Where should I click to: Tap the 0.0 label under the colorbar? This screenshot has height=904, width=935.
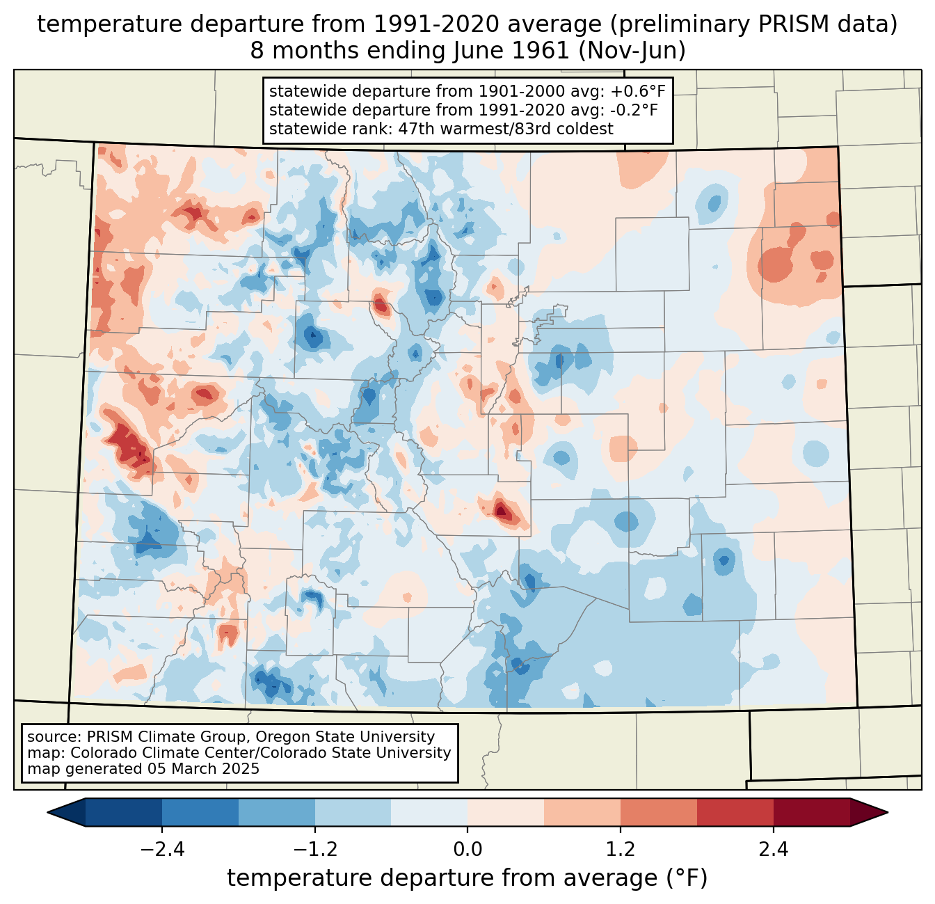pos(467,850)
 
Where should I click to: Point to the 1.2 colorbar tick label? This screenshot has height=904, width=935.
pos(621,850)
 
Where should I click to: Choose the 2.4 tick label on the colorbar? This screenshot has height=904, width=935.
pos(774,850)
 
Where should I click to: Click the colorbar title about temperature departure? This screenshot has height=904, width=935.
pos(467,878)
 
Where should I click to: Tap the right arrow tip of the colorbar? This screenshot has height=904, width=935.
pos(886,812)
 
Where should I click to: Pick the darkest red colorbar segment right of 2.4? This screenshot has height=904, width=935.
pos(811,812)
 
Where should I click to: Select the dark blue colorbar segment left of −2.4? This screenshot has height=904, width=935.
pos(124,812)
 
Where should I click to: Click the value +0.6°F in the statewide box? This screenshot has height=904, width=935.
pos(640,91)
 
